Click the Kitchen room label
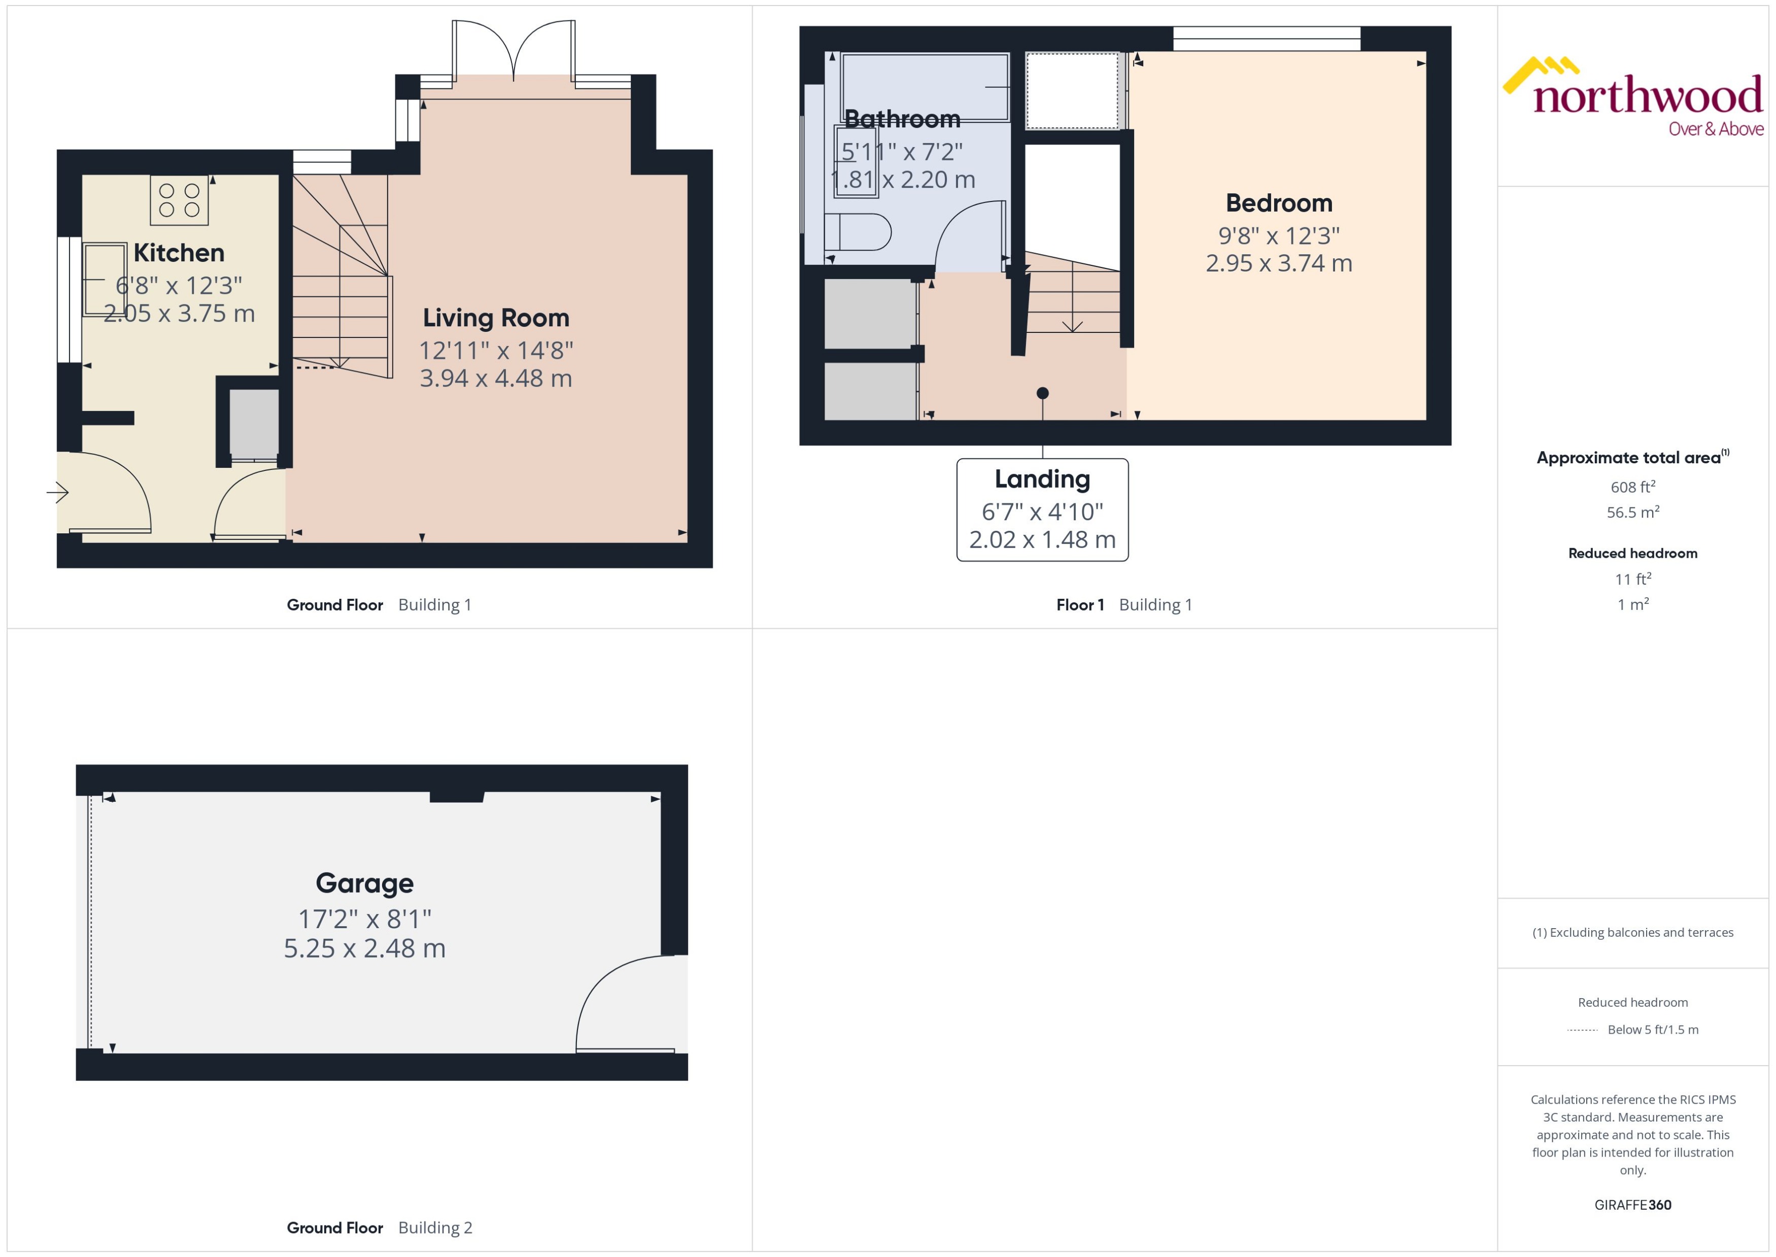[179, 253]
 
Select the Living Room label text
[496, 318]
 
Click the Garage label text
[364, 883]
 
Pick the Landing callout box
[1042, 510]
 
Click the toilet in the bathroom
[859, 231]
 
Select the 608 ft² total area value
[1633, 487]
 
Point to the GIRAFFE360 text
[1633, 1204]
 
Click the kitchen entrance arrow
[58, 492]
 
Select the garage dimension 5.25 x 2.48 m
[364, 948]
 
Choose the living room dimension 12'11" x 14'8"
[496, 351]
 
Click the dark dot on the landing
[1042, 393]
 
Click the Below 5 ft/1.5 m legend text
[1653, 1030]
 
